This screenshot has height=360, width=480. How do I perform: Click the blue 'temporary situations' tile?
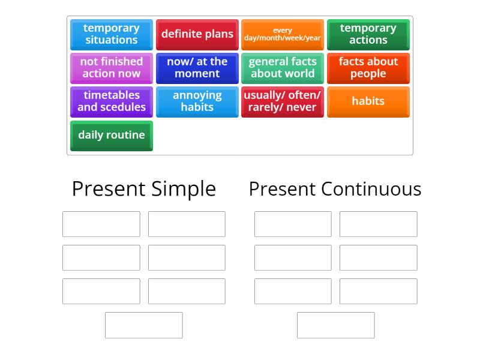point(112,35)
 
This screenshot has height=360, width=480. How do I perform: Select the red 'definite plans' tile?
point(197,35)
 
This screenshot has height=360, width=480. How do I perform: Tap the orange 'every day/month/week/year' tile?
point(282,35)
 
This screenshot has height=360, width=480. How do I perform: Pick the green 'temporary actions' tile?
point(368,35)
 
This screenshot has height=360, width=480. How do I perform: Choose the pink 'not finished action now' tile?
point(112,68)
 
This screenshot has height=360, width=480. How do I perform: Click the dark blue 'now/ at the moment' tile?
point(197,68)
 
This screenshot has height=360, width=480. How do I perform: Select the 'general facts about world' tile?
point(282,68)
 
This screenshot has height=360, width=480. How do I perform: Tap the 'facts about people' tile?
point(368,68)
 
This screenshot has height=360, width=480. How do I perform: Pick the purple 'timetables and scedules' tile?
point(112,102)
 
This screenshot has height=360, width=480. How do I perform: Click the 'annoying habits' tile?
point(197,102)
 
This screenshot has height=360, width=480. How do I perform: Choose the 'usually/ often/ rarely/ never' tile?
point(282,102)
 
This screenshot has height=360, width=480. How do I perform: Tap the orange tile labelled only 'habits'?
point(368,102)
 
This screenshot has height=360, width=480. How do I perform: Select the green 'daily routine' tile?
point(112,136)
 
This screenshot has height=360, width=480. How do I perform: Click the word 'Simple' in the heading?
point(184,189)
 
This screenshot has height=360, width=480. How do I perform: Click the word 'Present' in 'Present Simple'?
point(109,189)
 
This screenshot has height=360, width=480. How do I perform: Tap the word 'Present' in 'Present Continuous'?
point(282,189)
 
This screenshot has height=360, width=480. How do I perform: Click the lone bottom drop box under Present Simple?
point(144,325)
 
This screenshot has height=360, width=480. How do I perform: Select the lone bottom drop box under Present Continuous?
point(336,325)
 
